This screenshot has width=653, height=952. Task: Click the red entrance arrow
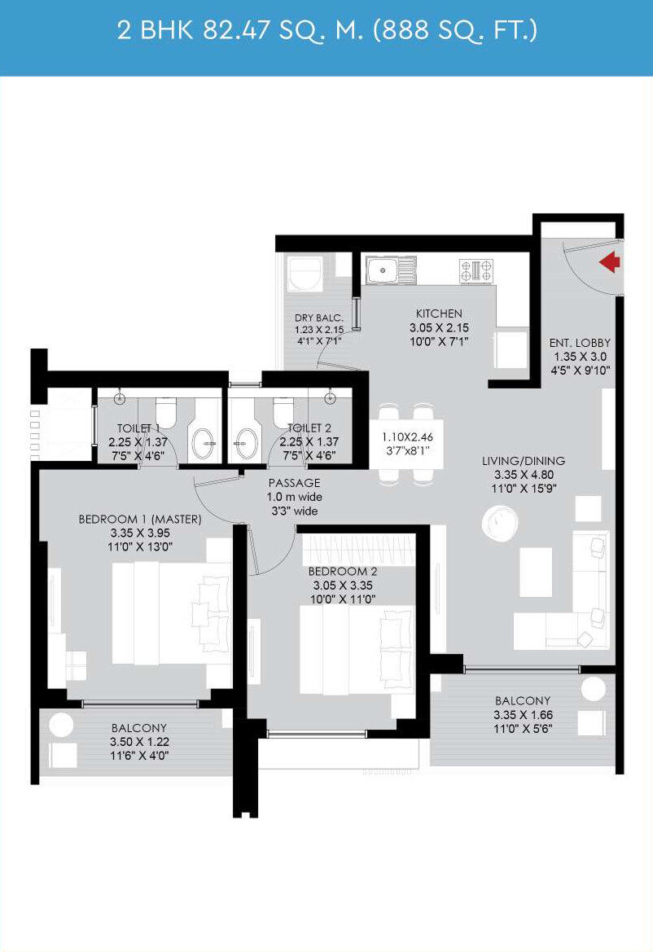[x=611, y=262]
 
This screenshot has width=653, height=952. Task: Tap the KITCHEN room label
[x=439, y=314]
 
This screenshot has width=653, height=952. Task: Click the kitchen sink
[x=390, y=270]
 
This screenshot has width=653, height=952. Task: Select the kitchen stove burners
[x=476, y=271]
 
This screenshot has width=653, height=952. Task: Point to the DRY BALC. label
[x=319, y=318]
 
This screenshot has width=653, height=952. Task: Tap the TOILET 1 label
[x=138, y=428]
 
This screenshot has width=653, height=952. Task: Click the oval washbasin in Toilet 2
[x=247, y=443]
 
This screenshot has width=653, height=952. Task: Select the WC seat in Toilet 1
[x=165, y=412]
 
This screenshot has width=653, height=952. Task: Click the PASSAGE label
[x=294, y=483]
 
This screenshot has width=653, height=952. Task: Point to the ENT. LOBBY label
[x=580, y=342]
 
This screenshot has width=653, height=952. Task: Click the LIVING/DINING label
[x=523, y=461]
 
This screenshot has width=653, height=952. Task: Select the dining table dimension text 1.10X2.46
[x=407, y=437]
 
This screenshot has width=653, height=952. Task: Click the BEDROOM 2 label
[x=342, y=572]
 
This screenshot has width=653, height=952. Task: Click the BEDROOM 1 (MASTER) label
[x=140, y=519]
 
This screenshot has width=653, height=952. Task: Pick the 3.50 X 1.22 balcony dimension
[x=139, y=741]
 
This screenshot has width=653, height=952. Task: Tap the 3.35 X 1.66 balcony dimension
[x=523, y=715]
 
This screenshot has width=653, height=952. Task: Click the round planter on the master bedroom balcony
[x=61, y=725]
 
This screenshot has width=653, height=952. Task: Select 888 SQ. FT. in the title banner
[x=456, y=30]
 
